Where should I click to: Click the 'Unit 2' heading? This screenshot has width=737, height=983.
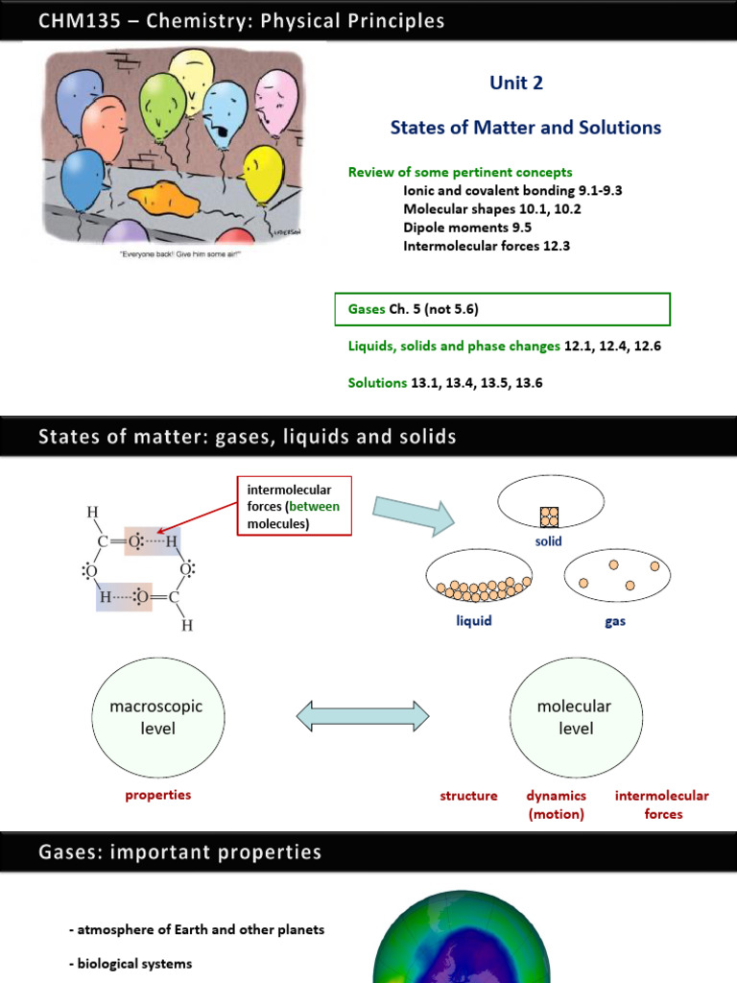click(x=516, y=84)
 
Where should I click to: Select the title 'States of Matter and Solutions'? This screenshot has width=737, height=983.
click(x=525, y=128)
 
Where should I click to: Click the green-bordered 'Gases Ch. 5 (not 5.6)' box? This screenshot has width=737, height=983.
click(x=502, y=309)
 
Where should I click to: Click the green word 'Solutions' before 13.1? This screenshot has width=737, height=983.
click(x=377, y=383)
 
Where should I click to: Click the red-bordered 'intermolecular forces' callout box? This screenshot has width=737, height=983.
click(x=296, y=506)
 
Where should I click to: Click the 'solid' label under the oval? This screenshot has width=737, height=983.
click(x=549, y=541)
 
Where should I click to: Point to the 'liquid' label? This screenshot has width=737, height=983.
click(x=474, y=621)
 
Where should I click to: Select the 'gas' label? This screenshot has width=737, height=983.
click(x=615, y=621)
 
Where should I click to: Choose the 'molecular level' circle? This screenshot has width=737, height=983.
click(x=574, y=718)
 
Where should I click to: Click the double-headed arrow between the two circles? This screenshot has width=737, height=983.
click(x=362, y=716)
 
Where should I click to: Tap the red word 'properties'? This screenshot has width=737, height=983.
click(x=158, y=795)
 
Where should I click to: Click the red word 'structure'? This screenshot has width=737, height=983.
click(x=468, y=796)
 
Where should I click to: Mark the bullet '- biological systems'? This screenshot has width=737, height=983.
click(x=131, y=963)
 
